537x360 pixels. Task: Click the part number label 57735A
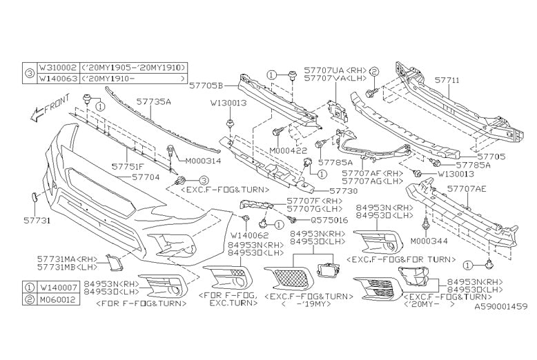pyautogui.click(x=153, y=101)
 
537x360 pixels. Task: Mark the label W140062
pyautogui.click(x=246, y=235)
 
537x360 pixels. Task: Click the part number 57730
pyautogui.click(x=343, y=190)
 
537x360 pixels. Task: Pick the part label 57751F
pyautogui.click(x=129, y=167)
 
